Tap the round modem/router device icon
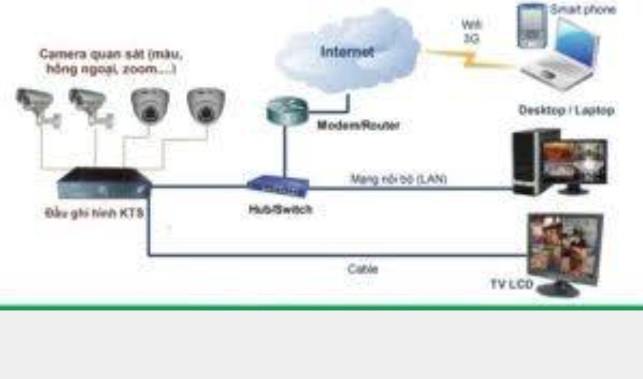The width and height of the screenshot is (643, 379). [287, 111]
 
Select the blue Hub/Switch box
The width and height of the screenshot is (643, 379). [278, 186]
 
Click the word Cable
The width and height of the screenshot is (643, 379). [363, 269]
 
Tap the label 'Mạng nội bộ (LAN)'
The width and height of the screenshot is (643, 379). [399, 179]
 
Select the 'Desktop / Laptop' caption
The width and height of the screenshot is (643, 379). [566, 110]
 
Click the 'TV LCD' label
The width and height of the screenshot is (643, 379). [511, 284]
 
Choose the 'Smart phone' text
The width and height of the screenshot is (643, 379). [582, 9]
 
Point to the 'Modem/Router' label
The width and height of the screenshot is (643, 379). [358, 126]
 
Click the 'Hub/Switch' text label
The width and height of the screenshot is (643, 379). [280, 210]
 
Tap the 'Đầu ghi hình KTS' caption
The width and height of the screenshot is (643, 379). [93, 213]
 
